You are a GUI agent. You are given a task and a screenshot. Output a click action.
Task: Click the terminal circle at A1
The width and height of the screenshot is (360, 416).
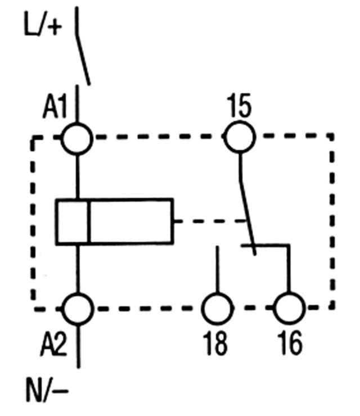point(77,137)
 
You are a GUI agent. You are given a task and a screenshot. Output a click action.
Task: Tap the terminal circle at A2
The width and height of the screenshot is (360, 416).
point(77,308)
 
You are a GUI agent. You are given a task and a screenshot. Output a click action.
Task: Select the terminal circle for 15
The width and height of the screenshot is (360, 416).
point(240,137)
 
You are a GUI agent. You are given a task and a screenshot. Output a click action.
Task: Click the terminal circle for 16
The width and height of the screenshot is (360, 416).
point(289,308)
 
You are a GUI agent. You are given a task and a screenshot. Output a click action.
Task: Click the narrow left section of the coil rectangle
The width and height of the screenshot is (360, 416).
point(72,221)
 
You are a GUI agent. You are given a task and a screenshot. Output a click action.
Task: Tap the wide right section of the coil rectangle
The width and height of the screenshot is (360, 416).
point(130,221)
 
